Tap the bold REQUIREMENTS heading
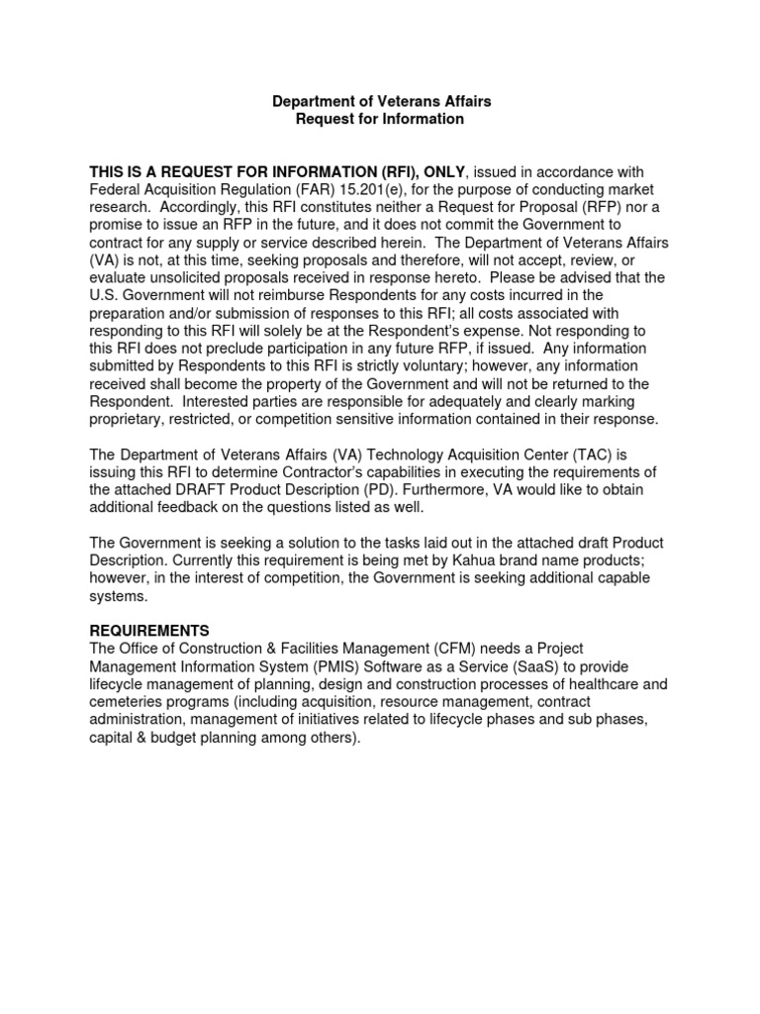click(149, 630)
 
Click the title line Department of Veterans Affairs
click(381, 101)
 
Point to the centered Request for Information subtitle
click(381, 119)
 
